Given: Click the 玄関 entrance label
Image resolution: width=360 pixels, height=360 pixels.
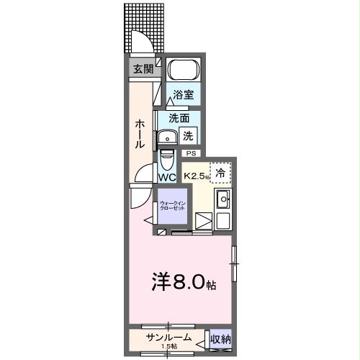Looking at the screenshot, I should click(143, 69).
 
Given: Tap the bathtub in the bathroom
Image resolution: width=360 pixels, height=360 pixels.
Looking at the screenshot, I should click(183, 71).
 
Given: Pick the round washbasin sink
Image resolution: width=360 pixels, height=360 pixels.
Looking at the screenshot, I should click(170, 136).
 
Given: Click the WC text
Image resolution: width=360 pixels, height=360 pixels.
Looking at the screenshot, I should click(167, 176).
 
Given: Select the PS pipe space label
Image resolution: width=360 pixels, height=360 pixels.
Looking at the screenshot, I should click(191, 153).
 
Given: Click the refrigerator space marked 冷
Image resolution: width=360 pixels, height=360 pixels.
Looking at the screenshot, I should click(221, 172).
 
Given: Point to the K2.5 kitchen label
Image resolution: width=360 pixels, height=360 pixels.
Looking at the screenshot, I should click(196, 176).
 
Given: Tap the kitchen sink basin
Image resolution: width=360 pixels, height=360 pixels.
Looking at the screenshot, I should click(222, 199).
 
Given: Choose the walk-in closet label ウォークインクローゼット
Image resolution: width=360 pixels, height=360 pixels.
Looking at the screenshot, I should click(171, 206).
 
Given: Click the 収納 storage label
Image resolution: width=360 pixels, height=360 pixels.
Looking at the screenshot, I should click(220, 338).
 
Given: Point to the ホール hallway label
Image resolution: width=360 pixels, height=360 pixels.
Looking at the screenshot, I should click(138, 133).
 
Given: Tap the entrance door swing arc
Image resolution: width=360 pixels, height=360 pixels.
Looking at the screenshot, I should click(140, 45).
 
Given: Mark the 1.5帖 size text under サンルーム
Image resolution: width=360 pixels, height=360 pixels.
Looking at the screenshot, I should click(169, 348).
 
